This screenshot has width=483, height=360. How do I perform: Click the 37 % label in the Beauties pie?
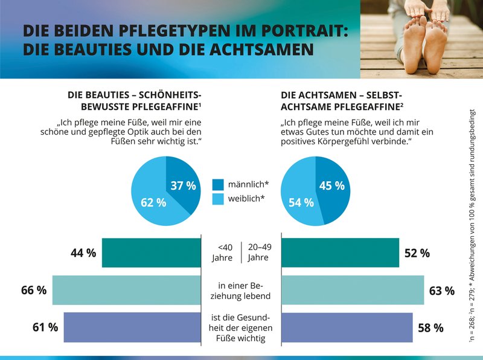(x=183, y=186)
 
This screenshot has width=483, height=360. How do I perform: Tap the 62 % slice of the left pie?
(x=153, y=202)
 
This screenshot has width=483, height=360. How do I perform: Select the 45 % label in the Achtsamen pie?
(x=331, y=186)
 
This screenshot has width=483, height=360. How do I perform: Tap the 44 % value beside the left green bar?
(x=83, y=253)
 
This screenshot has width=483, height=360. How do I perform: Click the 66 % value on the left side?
(x=34, y=290)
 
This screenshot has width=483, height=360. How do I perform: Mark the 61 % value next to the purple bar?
(x=45, y=327)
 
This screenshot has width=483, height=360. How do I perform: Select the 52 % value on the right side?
(x=417, y=253)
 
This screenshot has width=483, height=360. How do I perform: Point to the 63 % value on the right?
(x=441, y=291)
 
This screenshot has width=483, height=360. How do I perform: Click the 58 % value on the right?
(x=430, y=328)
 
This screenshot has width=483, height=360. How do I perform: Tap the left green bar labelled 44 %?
(x=151, y=252)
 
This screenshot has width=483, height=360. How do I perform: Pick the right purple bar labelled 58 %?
(x=347, y=327)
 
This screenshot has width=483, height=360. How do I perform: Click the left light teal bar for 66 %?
(x=126, y=290)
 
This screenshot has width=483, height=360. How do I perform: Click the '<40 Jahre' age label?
(x=225, y=252)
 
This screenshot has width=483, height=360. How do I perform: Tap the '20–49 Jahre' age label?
(x=258, y=252)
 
